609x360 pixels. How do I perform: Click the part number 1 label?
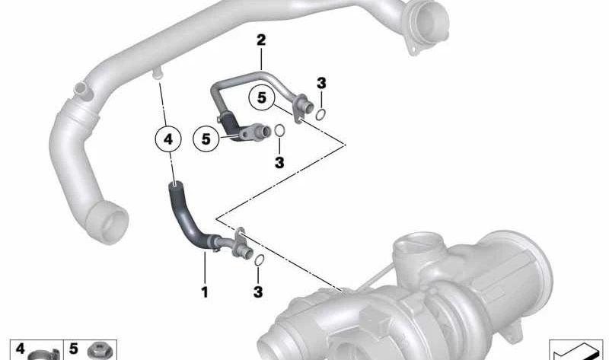click(204, 291)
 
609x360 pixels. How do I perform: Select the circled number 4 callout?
click(168, 139)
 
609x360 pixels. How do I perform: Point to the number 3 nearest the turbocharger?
click(259, 292)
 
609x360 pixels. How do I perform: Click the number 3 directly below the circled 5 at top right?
click(279, 162)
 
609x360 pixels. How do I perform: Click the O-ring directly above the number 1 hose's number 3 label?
click(259, 261)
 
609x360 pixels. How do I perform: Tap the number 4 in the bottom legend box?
click(21, 349)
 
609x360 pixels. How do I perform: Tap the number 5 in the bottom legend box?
click(74, 349)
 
